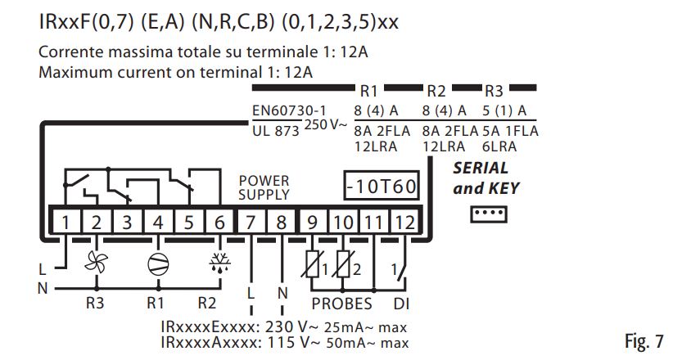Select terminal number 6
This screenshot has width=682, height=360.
[219, 221]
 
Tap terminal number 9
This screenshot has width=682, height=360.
[312, 221]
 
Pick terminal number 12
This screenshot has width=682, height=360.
[404, 221]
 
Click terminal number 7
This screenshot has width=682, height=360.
[251, 221]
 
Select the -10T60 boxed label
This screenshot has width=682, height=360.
[381, 186]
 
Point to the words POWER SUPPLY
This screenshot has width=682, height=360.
[264, 187]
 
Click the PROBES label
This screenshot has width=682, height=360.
[341, 304]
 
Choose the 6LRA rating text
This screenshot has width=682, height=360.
[495, 146]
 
